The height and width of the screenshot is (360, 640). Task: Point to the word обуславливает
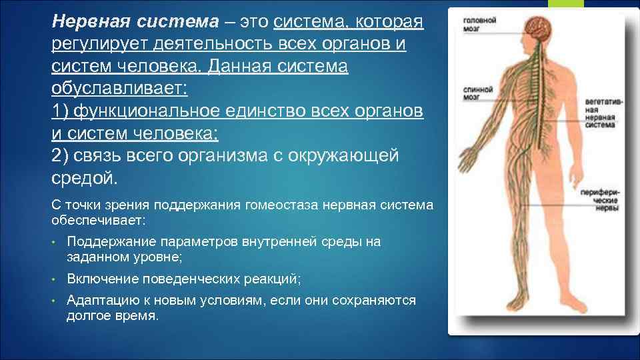click(x=119, y=89)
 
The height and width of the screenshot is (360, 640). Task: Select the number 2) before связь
click(x=59, y=155)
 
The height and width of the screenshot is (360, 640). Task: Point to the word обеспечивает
click(x=98, y=220)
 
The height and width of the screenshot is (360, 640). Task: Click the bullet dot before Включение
click(x=53, y=279)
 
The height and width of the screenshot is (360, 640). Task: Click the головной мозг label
click(x=479, y=25)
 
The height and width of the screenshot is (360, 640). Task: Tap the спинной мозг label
click(x=477, y=93)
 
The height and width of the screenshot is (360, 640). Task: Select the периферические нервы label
click(x=600, y=200)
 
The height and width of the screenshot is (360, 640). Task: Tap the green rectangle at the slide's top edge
click(x=566, y=4)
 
